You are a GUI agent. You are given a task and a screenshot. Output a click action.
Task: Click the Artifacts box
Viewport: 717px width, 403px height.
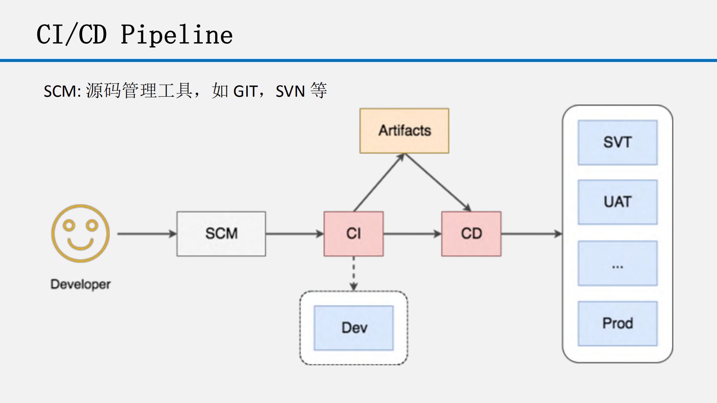point(404,131)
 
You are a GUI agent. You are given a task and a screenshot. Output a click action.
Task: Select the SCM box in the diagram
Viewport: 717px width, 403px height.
point(221,234)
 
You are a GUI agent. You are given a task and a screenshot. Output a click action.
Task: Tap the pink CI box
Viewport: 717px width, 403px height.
point(353,234)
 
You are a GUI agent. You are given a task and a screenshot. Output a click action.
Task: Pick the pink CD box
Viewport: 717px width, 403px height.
point(471,234)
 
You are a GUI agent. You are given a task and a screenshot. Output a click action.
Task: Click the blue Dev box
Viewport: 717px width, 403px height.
point(353,328)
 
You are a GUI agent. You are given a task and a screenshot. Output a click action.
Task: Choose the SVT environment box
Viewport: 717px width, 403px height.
point(617,142)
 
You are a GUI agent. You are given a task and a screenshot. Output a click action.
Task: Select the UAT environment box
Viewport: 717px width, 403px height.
point(617,202)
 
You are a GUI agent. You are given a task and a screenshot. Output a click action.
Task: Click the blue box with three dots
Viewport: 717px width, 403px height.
point(617,263)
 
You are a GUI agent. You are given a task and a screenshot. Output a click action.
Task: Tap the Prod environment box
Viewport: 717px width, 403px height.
point(617,323)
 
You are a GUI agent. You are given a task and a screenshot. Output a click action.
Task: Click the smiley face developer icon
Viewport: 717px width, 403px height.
point(80,233)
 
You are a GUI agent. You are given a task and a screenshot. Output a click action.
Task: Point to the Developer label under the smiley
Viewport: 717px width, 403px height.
point(80,284)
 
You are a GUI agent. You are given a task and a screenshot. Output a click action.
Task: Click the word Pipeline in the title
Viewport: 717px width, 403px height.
point(176,35)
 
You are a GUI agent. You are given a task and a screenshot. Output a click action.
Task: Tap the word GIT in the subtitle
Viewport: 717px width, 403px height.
point(245,92)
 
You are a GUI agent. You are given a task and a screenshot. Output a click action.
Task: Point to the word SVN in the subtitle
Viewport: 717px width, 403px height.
point(290,92)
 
